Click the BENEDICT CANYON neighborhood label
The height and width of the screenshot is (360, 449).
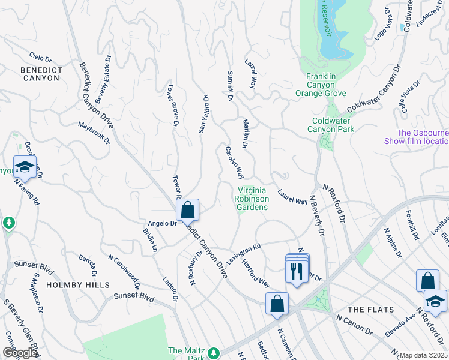[41, 74]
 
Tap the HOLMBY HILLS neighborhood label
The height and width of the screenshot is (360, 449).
[78, 284]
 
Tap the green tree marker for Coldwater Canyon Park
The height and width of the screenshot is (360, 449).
[325, 142]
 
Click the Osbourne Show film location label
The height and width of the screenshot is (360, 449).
[423, 137]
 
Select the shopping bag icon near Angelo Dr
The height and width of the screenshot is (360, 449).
[187, 210]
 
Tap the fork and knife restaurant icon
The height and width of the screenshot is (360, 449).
[297, 271]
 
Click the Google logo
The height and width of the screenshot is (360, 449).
[19, 353]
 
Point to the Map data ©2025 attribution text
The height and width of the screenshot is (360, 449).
[423, 355]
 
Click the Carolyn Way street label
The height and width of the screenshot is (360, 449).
[234, 162]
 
